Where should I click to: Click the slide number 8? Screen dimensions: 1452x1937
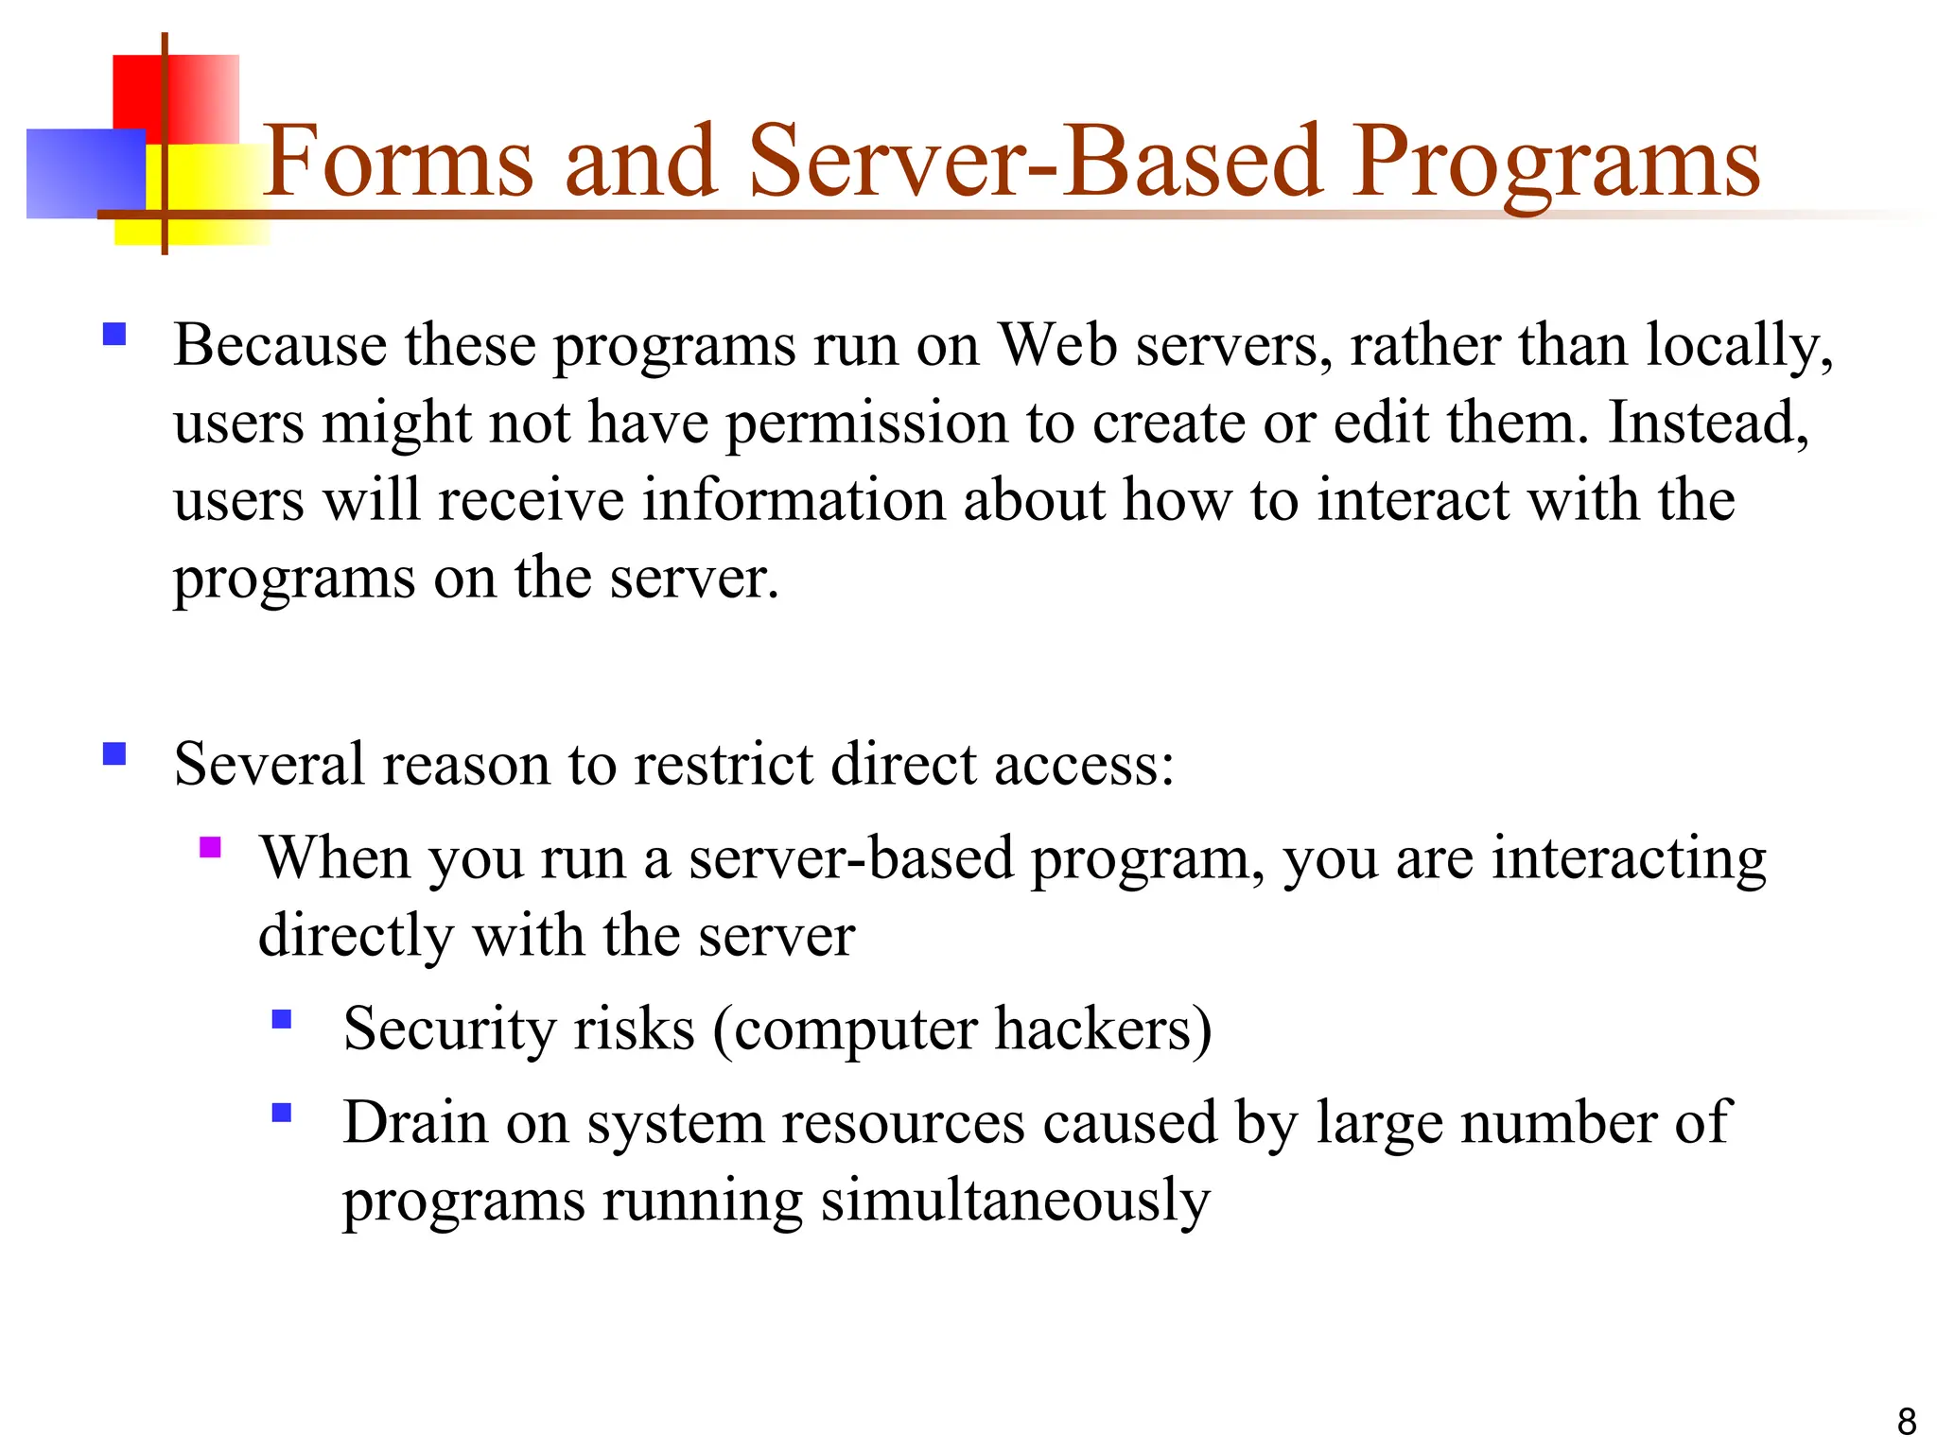pos(1907,1421)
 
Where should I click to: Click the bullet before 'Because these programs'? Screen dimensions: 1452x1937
pos(114,335)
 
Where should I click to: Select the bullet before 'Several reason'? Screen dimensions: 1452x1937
pos(114,753)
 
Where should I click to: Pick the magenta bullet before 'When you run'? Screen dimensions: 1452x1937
pos(210,847)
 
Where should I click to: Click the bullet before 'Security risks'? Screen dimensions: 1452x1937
pos(281,1019)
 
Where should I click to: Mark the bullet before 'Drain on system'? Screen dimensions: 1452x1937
pos(281,1112)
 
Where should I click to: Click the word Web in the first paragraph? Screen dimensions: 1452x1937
pos(1058,345)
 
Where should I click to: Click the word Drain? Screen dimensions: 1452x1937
pos(415,1123)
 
